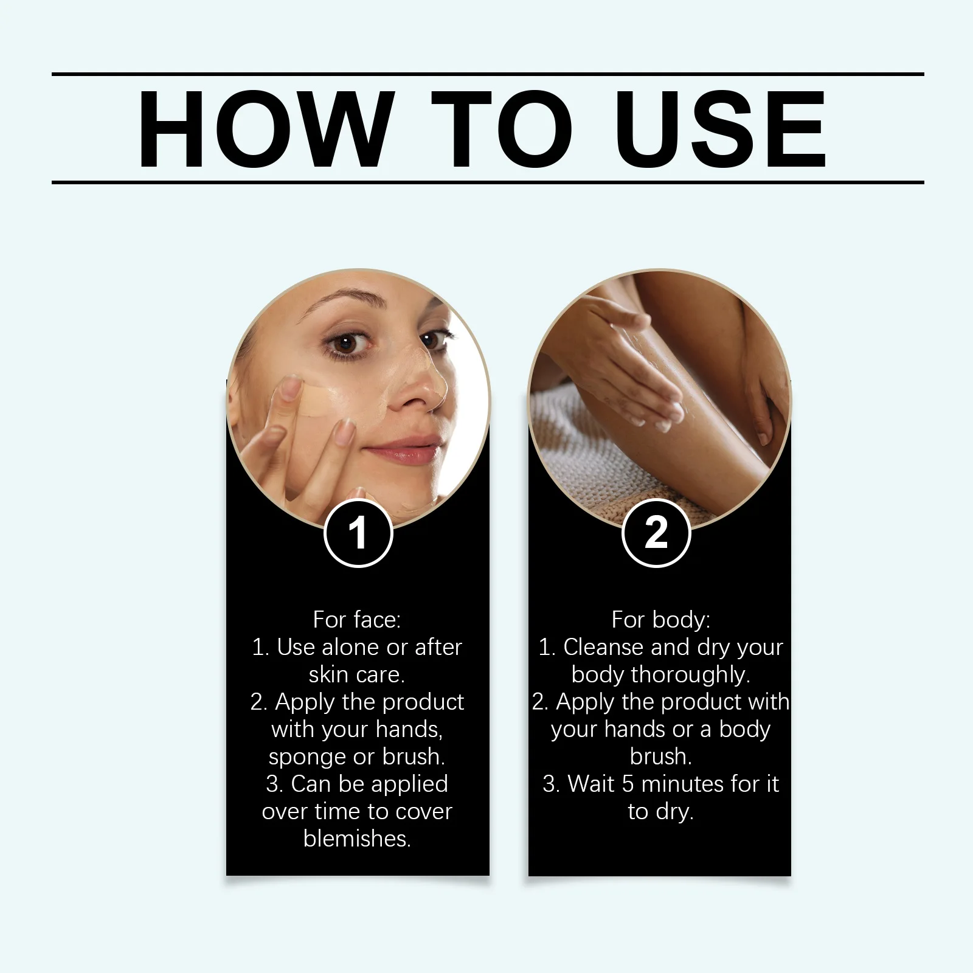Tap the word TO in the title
click(502, 129)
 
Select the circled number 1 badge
click(358, 533)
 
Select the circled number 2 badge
click(656, 533)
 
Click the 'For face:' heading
click(357, 620)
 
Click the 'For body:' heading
click(660, 620)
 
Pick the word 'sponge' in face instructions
click(307, 757)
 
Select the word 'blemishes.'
click(357, 839)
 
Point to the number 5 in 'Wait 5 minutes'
click(628, 784)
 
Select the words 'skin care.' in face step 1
click(357, 674)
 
